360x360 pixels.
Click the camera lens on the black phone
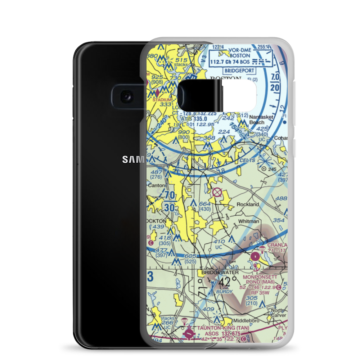(x=126, y=96)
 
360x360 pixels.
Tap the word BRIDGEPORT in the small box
(x=239, y=71)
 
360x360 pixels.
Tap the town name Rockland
(x=248, y=204)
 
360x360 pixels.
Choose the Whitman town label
(x=248, y=221)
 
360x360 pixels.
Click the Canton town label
(x=157, y=185)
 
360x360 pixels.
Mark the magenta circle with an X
(x=217, y=192)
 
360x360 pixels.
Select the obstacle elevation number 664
(x=204, y=204)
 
